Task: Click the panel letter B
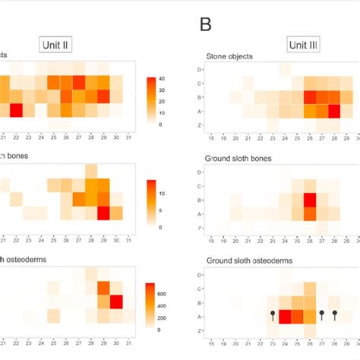[206, 24]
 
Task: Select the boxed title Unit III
[302, 45]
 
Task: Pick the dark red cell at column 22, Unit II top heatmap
[16, 111]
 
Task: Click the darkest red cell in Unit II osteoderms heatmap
[117, 302]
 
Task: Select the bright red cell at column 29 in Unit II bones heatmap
[104, 213]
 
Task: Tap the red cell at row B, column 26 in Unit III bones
[309, 200]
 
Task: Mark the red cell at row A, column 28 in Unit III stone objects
[334, 111]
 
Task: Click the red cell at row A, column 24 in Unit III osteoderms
[285, 316]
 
